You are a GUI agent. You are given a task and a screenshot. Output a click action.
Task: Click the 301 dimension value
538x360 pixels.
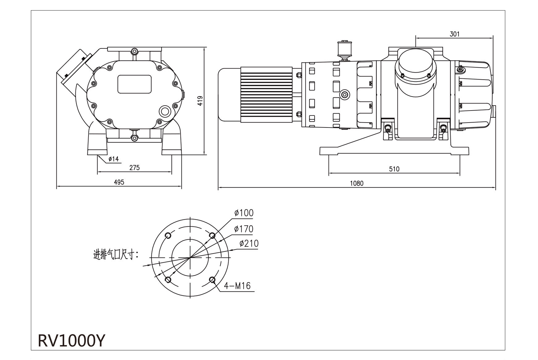click(x=454, y=34)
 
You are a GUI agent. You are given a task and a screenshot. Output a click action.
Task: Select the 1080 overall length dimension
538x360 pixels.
click(x=356, y=183)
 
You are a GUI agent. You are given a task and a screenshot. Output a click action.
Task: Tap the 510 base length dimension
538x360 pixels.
click(x=394, y=169)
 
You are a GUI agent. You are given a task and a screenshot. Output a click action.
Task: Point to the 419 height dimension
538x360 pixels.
click(x=200, y=101)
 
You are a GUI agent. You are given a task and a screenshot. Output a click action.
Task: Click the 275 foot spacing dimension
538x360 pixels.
click(x=134, y=168)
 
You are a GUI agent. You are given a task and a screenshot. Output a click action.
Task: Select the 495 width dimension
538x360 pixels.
click(x=119, y=182)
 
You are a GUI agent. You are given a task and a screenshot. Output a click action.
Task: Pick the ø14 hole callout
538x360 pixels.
click(x=113, y=159)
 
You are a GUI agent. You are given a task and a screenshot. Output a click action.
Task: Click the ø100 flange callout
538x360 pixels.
click(x=244, y=213)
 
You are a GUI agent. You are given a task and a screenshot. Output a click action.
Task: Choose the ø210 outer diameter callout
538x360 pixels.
click(x=249, y=244)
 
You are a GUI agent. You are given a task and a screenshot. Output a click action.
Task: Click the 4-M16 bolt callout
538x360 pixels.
click(x=237, y=286)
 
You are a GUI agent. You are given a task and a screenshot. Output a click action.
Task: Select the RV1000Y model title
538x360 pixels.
click(x=71, y=341)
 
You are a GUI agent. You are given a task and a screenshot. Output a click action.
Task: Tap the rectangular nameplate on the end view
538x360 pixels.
click(x=134, y=84)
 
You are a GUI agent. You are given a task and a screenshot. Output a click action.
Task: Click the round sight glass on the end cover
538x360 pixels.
click(x=164, y=111)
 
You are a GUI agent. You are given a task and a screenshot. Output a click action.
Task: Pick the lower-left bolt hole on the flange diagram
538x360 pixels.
click(x=168, y=280)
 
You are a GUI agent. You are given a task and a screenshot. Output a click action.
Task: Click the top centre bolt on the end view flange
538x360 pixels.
click(x=134, y=51)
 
